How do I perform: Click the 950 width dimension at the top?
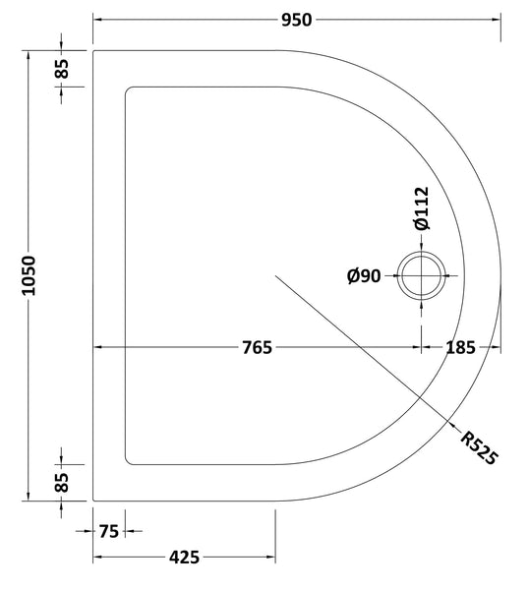[x=297, y=19]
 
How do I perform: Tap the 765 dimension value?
[x=257, y=347]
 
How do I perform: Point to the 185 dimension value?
[x=460, y=347]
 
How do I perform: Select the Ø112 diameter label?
[x=422, y=209]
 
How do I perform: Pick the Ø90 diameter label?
[x=364, y=277]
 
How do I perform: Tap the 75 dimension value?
[x=108, y=532]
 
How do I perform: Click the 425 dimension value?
[x=184, y=558]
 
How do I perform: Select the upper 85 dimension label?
[x=62, y=68]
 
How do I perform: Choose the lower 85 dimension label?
[x=62, y=482]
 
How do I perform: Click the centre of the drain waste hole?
[x=422, y=277]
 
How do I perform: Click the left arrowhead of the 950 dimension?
[x=96, y=19]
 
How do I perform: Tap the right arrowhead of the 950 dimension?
[x=499, y=19]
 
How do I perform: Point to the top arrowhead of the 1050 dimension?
[x=29, y=52]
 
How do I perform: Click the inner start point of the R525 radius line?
[x=276, y=276]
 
